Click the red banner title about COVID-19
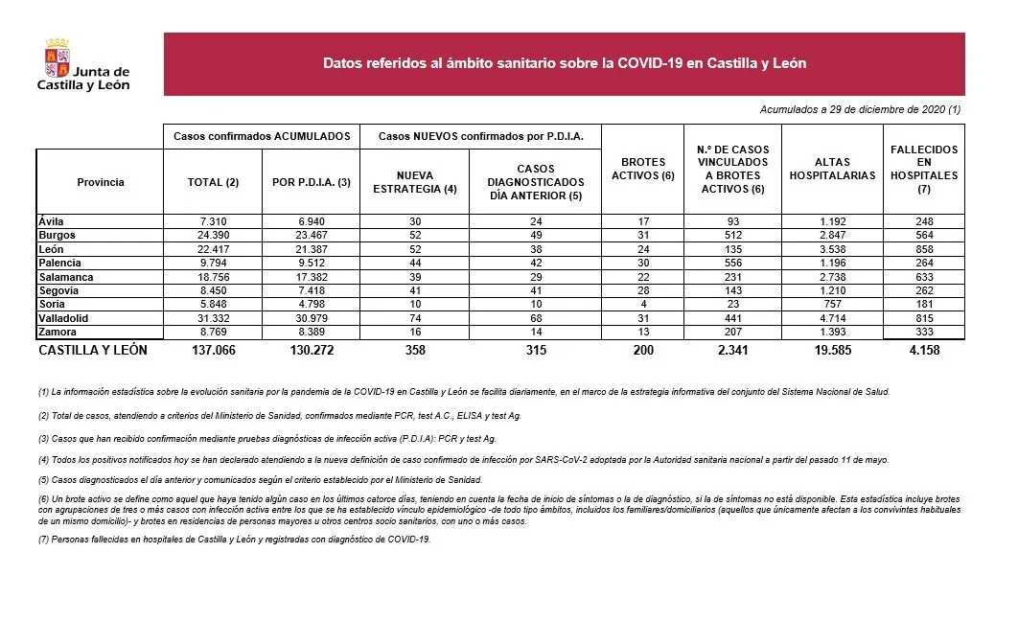click(564, 64)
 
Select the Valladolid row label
click(64, 318)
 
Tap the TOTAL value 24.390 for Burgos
click(213, 235)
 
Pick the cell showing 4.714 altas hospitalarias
click(831, 318)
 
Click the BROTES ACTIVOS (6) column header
click(642, 169)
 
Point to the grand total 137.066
click(213, 351)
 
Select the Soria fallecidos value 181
click(924, 304)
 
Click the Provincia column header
click(101, 182)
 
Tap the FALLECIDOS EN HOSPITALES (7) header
click(923, 170)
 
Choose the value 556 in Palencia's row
click(732, 263)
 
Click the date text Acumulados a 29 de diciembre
click(859, 110)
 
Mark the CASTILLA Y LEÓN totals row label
click(93, 351)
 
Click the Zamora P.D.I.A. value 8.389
click(311, 332)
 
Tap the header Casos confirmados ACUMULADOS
click(262, 137)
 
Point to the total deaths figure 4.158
click(924, 351)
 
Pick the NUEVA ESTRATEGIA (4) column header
click(414, 182)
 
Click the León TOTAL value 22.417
click(213, 248)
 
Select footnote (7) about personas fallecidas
click(235, 540)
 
